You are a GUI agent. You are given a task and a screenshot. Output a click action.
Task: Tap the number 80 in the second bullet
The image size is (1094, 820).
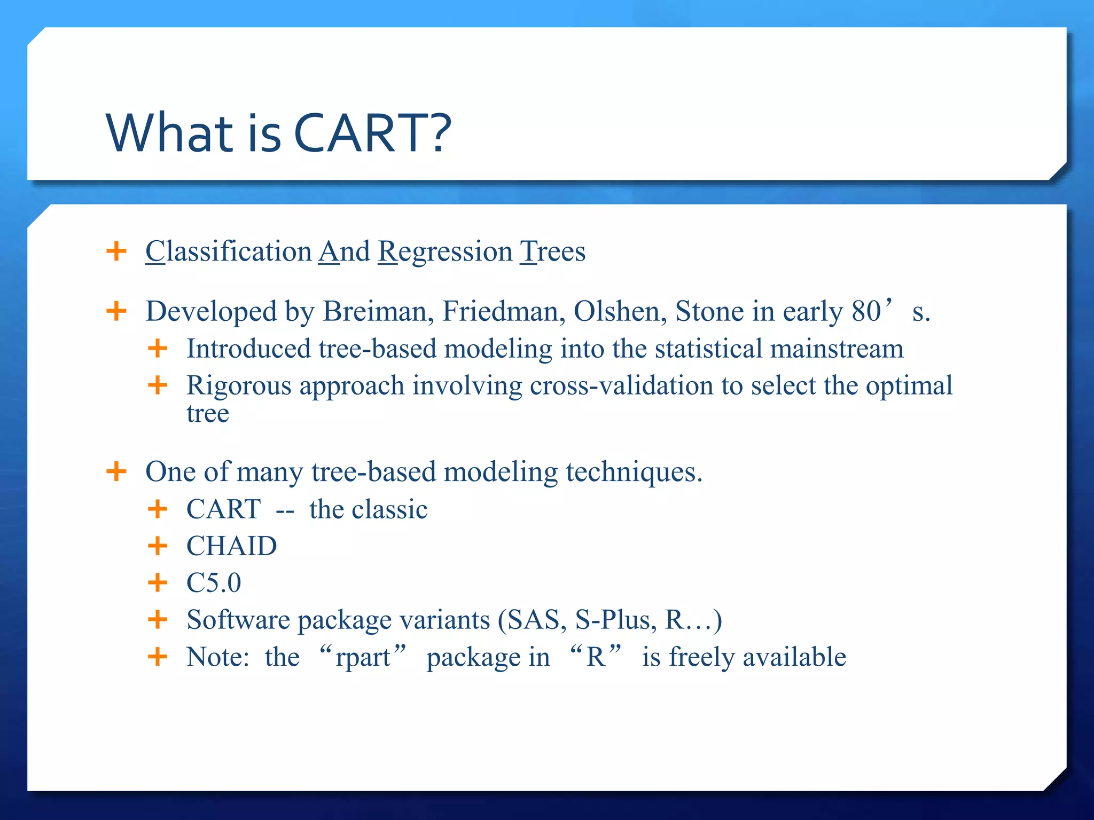[x=866, y=311]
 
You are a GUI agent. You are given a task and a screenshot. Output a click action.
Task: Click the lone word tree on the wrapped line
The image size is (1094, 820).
[x=208, y=414]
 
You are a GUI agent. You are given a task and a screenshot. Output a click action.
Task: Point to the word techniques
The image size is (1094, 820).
[x=634, y=472]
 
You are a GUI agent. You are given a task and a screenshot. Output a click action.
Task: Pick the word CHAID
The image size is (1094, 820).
[x=231, y=546]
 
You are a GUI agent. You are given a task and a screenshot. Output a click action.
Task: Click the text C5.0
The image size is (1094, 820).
[x=214, y=583]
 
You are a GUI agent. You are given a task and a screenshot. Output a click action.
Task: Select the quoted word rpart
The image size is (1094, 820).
[x=363, y=657]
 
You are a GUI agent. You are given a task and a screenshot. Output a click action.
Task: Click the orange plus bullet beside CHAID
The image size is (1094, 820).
[x=158, y=546]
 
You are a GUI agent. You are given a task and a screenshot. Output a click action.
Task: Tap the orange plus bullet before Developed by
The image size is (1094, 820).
[x=116, y=311]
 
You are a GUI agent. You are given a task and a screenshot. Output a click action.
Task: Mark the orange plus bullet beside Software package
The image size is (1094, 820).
[x=158, y=620]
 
